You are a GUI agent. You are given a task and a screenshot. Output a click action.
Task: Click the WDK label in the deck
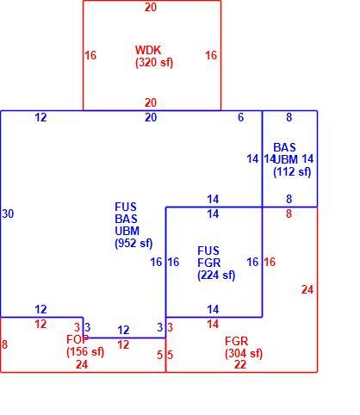point(148,50)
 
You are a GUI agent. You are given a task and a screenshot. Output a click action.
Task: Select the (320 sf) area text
point(154,63)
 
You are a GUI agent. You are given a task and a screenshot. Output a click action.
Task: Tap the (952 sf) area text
point(133,244)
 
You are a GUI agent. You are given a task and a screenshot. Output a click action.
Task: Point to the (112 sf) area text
point(292,172)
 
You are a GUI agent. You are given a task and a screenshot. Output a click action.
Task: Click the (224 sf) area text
point(216,276)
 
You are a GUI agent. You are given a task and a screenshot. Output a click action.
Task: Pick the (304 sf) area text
point(244,353)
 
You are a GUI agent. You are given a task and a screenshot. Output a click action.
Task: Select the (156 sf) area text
point(85,351)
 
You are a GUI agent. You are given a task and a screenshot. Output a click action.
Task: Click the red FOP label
point(78,339)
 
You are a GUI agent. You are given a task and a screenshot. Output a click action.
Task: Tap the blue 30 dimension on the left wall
point(8,214)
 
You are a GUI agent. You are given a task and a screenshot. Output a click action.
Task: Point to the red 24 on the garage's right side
point(307,290)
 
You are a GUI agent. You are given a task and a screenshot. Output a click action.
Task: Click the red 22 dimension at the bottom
point(240,365)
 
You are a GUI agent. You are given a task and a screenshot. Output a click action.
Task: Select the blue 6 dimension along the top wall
point(241,117)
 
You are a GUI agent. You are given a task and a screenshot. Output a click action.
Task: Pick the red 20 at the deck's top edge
point(151,7)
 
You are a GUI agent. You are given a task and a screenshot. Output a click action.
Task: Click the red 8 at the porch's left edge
point(4,344)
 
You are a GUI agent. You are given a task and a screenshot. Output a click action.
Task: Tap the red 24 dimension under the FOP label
point(82,365)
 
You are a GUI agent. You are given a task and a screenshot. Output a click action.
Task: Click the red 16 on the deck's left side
point(90,55)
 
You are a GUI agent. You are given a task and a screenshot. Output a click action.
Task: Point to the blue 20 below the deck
point(151,117)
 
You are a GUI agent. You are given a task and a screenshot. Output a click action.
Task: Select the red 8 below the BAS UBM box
point(289,214)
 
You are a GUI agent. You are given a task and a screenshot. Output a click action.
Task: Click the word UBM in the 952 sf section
point(127,231)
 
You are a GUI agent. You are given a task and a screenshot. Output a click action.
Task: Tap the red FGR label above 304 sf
point(236,341)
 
